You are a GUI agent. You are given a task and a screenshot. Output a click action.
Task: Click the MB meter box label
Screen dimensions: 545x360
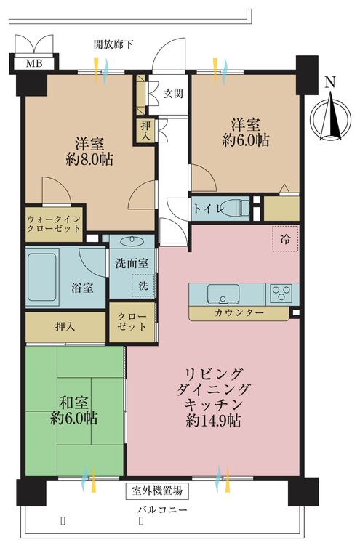point(33,63)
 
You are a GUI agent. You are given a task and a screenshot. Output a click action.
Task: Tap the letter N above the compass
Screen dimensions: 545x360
point(330,82)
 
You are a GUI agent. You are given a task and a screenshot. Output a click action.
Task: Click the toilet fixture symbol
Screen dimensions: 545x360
point(236,208)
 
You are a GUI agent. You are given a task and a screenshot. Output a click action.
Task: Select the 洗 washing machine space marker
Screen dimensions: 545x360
point(143,286)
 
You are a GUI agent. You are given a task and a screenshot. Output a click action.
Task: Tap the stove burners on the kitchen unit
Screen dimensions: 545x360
point(280,294)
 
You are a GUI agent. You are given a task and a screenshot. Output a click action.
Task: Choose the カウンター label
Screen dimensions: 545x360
point(239,313)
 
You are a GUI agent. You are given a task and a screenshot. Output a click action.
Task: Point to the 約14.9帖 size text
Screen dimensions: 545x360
point(218,421)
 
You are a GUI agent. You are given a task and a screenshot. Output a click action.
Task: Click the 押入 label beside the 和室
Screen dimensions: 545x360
point(65,326)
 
